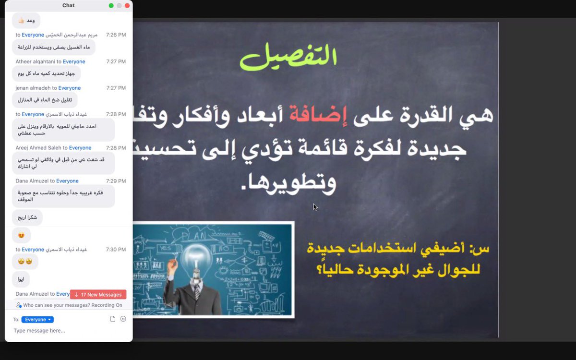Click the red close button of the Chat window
[127, 6]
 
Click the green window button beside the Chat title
[111, 6]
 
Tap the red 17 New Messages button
[98, 295]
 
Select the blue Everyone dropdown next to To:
[37, 320]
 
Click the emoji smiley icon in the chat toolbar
[123, 319]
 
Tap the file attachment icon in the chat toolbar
[113, 319]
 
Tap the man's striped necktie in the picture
[197, 291]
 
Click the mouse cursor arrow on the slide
[315, 207]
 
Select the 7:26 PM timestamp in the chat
[116, 35]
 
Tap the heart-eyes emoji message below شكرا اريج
[21, 235]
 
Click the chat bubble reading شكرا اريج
[27, 217]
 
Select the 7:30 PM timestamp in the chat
[116, 250]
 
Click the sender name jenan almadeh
[33, 88]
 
